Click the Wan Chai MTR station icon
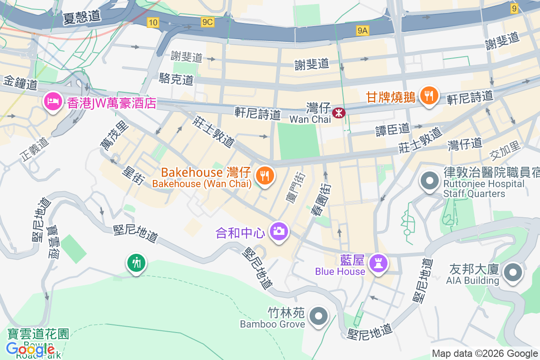[338, 112]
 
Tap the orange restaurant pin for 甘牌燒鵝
[428, 96]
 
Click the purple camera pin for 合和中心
[279, 232]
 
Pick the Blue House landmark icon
[377, 264]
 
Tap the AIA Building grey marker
[512, 273]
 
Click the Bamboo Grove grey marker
[319, 316]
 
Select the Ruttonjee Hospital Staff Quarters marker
[429, 181]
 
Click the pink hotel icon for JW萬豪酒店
[53, 102]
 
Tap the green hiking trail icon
[135, 262]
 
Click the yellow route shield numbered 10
[153, 22]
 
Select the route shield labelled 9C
[207, 22]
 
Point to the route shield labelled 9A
[362, 30]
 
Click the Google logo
[31, 349]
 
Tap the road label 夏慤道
[81, 18]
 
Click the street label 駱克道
[176, 80]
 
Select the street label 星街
[133, 175]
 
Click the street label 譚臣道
[393, 130]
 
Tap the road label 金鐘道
[21, 83]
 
